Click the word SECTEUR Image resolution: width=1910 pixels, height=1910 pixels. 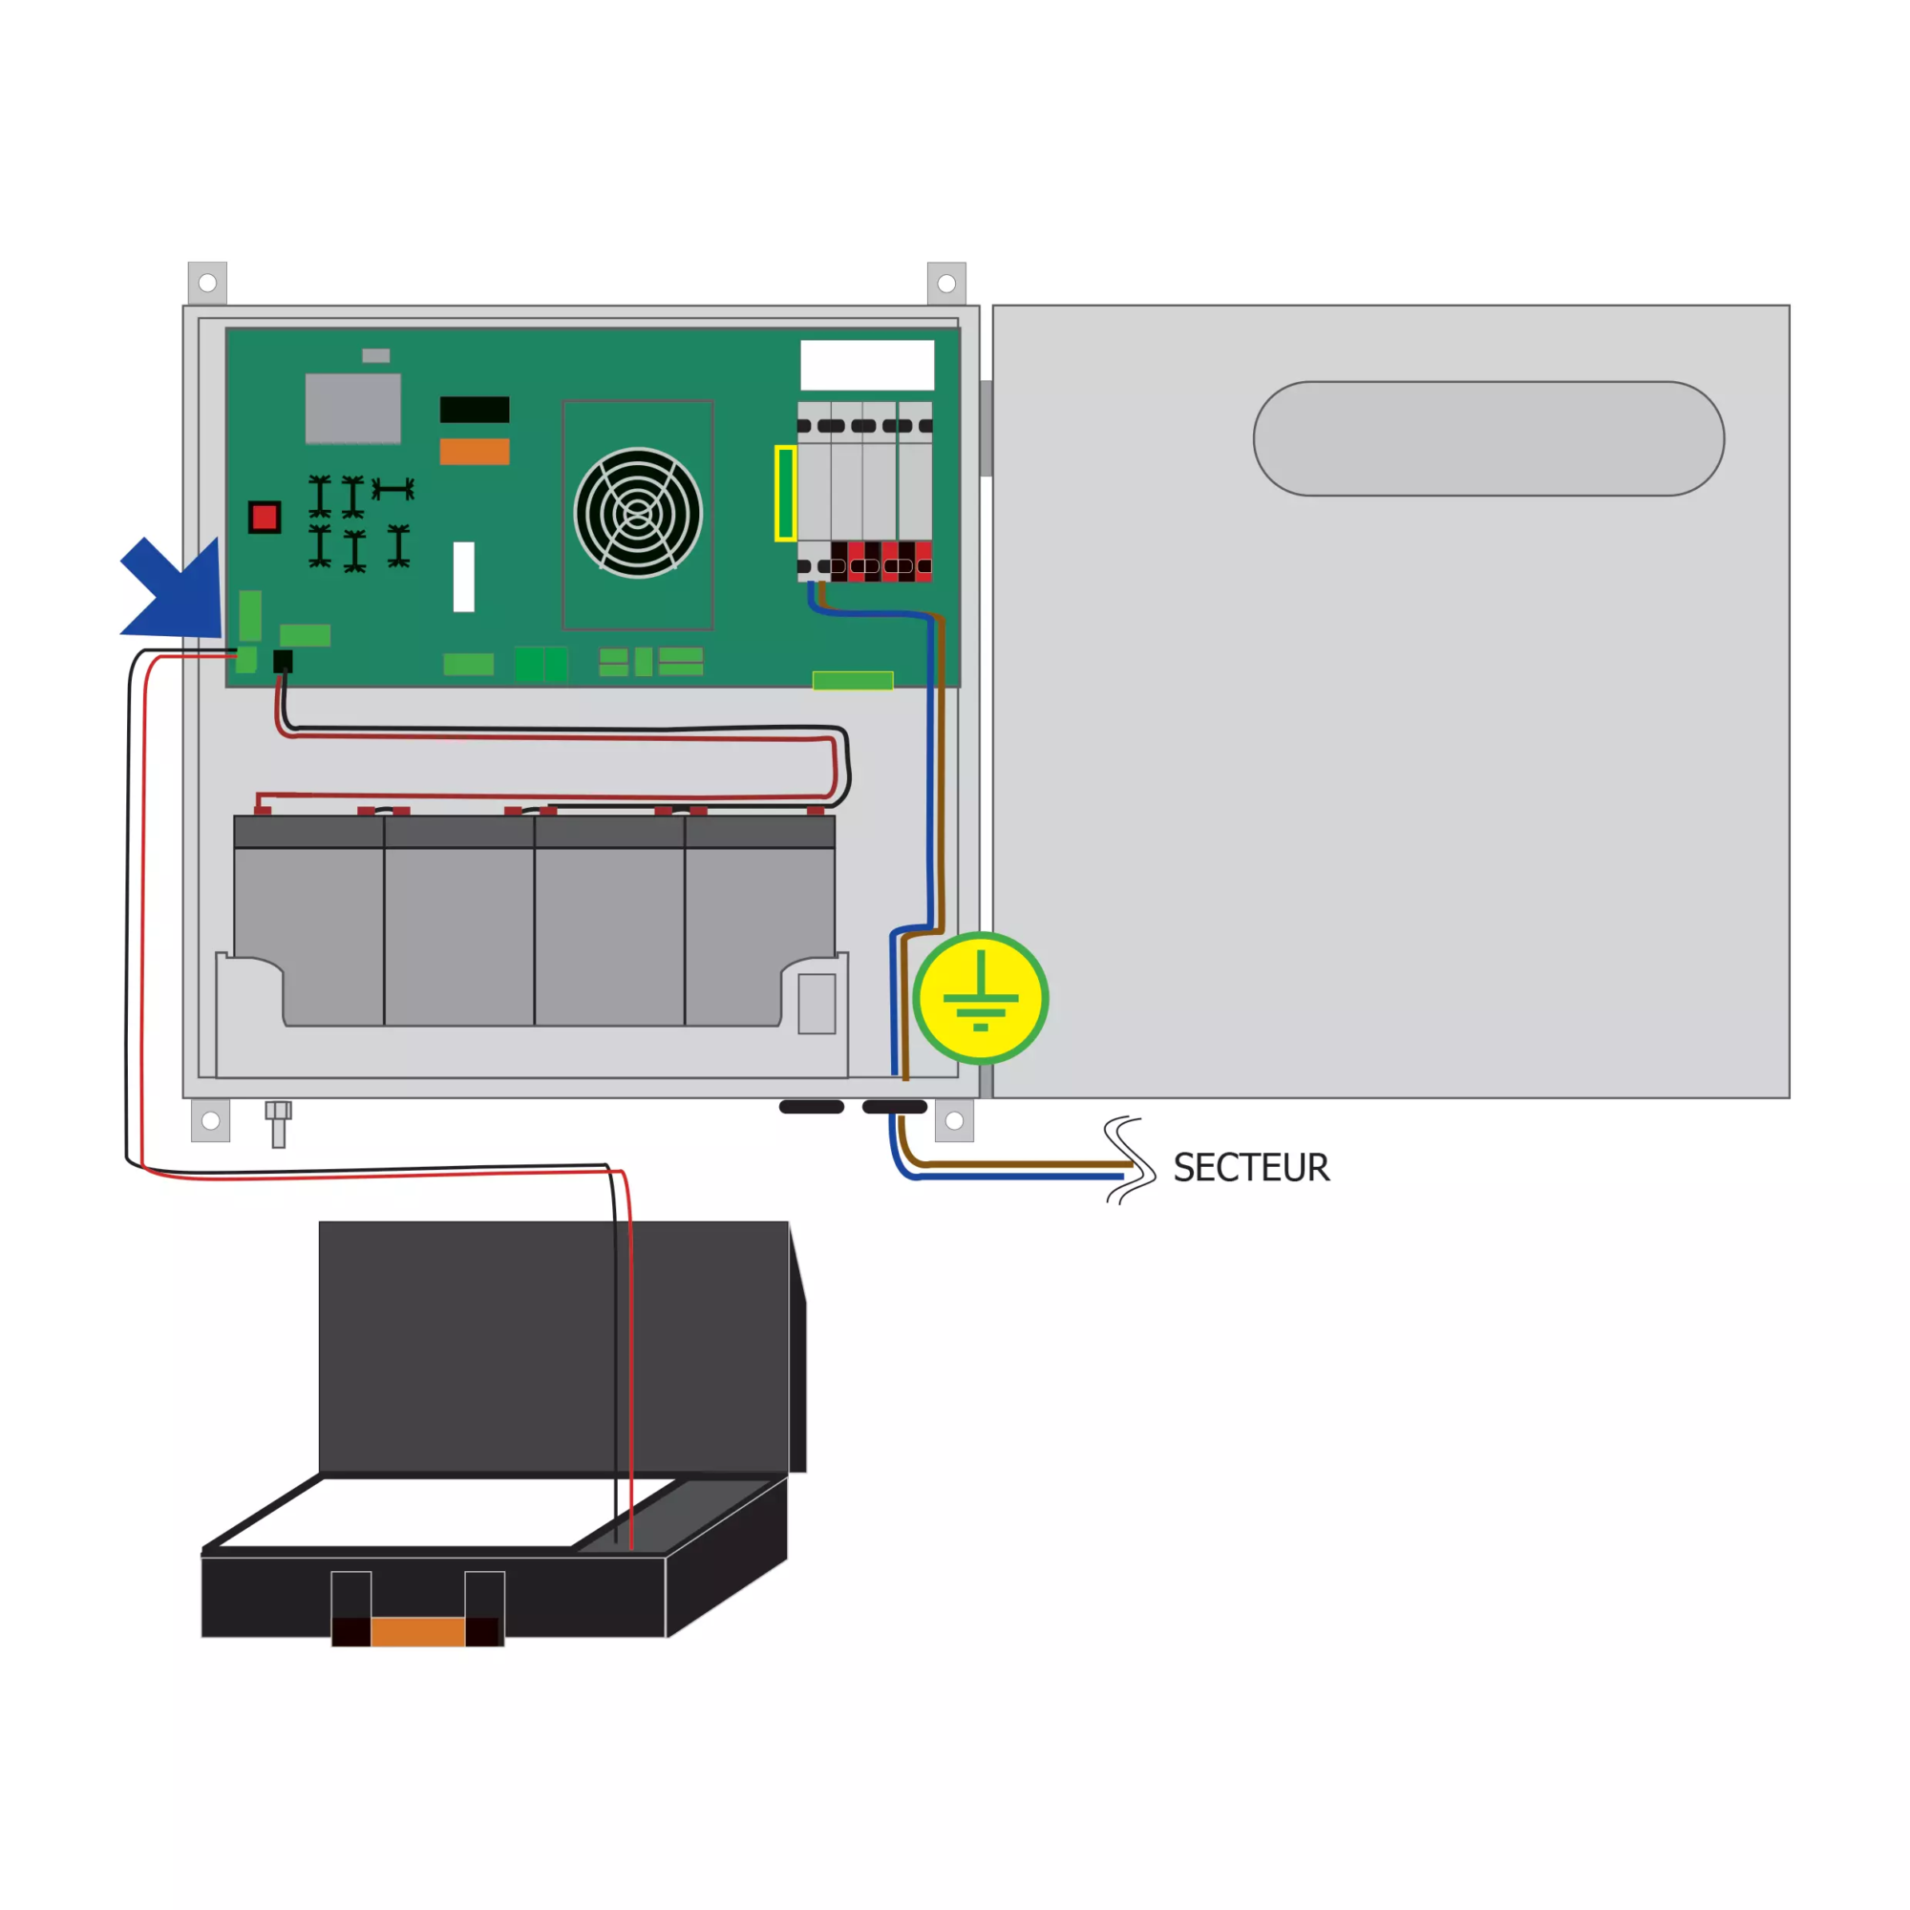click(x=1251, y=1168)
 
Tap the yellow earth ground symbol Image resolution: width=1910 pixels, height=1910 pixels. click(x=981, y=998)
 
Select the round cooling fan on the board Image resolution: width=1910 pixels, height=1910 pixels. click(x=638, y=513)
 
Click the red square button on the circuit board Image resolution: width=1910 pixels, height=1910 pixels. click(x=264, y=517)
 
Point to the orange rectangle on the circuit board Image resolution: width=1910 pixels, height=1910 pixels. click(x=475, y=451)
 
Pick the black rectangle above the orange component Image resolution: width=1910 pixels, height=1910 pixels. click(x=475, y=410)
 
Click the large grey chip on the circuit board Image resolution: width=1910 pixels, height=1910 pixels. click(x=353, y=409)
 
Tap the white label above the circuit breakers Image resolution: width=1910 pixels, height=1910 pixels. click(x=867, y=365)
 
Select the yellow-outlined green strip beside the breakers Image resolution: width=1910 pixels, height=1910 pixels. click(x=785, y=494)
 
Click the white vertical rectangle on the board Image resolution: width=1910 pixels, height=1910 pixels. click(x=464, y=577)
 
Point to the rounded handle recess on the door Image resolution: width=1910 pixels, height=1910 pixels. click(x=1489, y=438)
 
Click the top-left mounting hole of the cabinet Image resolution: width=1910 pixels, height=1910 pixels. click(x=207, y=284)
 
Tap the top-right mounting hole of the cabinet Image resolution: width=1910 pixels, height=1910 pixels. click(x=946, y=284)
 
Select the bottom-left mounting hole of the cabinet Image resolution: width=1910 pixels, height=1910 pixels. click(x=210, y=1120)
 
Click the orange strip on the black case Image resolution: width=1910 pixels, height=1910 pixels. click(x=417, y=1631)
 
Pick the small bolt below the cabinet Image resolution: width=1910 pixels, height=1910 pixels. click(x=279, y=1124)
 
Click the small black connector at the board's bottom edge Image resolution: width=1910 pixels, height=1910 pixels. click(x=283, y=662)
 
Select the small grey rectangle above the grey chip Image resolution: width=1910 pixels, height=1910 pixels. click(x=375, y=355)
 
